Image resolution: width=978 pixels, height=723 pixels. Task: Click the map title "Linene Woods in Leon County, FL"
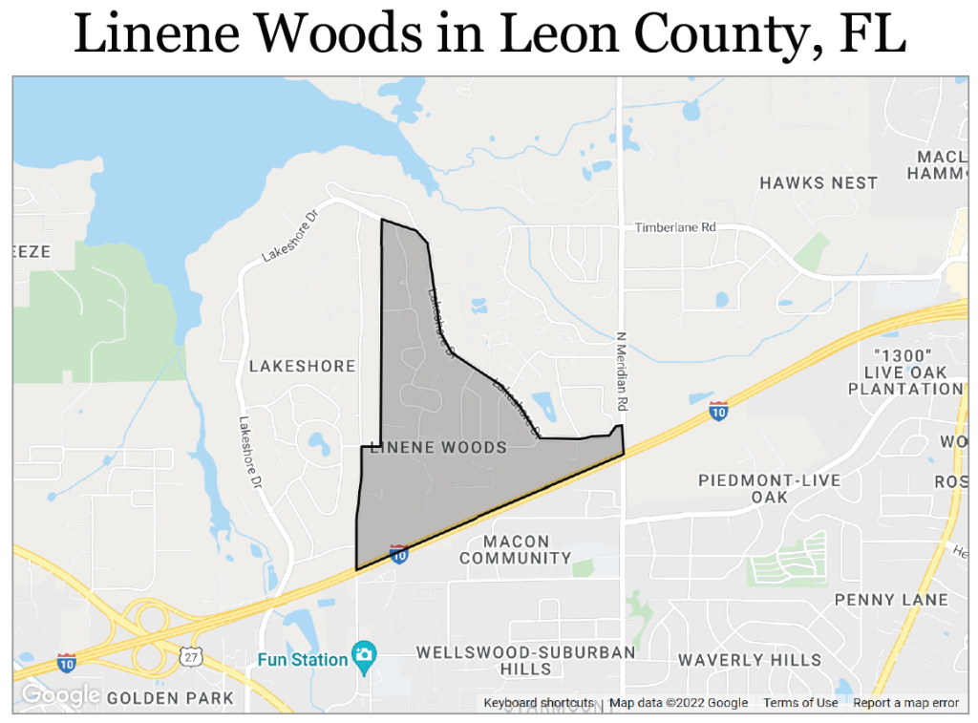pyautogui.click(x=489, y=35)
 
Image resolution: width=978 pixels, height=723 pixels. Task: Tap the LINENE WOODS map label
pyautogui.click(x=437, y=447)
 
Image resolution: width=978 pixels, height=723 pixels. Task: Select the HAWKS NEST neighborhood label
pyautogui.click(x=819, y=182)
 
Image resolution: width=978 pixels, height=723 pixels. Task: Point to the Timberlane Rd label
pyautogui.click(x=675, y=228)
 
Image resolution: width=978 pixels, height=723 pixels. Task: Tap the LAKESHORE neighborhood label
pyautogui.click(x=302, y=366)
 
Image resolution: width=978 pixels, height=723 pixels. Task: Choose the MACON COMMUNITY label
pyautogui.click(x=516, y=550)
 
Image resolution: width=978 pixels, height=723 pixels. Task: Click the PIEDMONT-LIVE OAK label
pyautogui.click(x=769, y=488)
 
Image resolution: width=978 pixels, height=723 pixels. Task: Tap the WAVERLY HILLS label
pyautogui.click(x=750, y=660)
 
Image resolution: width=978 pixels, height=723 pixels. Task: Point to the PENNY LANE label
pyautogui.click(x=891, y=600)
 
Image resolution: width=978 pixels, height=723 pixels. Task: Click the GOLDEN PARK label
pyautogui.click(x=170, y=698)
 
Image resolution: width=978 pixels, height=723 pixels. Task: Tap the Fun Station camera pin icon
pyautogui.click(x=363, y=655)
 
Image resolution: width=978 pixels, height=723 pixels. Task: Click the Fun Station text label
pyautogui.click(x=303, y=660)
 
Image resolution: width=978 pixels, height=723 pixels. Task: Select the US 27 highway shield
pyautogui.click(x=190, y=656)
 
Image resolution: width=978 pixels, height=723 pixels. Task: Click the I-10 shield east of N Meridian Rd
pyautogui.click(x=718, y=412)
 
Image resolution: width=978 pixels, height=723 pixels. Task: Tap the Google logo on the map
pyautogui.click(x=60, y=695)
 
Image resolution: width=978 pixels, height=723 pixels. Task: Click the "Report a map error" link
pyautogui.click(x=905, y=703)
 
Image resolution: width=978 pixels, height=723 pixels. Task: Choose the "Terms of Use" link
pyautogui.click(x=800, y=703)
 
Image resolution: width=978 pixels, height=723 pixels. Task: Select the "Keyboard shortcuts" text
pyautogui.click(x=539, y=703)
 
